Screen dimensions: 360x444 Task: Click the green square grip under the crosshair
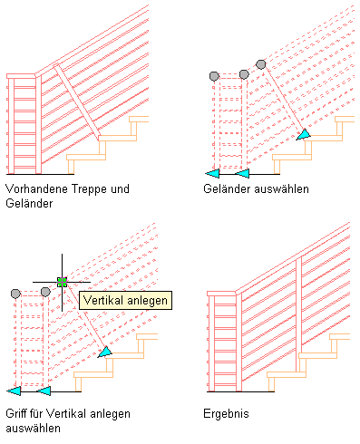[x=62, y=282]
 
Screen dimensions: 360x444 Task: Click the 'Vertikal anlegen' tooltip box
[x=125, y=300]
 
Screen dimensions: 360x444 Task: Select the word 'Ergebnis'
[x=226, y=414]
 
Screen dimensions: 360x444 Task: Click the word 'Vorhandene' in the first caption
[x=36, y=189]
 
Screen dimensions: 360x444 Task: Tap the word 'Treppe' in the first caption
[x=89, y=189]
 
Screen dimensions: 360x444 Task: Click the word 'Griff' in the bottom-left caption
[x=14, y=413]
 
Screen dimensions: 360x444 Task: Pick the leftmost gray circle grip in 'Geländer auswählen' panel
[x=214, y=76]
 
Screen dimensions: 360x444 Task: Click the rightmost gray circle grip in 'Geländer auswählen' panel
[x=261, y=64]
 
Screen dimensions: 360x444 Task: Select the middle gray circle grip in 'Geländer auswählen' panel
[x=244, y=74]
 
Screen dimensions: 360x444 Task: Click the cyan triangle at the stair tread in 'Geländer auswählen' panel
[x=304, y=134]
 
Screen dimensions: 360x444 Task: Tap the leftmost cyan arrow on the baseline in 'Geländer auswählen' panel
[x=212, y=174]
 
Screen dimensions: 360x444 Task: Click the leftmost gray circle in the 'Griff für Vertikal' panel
[x=15, y=294]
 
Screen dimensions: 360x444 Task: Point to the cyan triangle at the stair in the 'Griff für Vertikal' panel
[x=105, y=352]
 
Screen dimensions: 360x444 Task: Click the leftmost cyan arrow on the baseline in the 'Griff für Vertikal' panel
[x=14, y=391]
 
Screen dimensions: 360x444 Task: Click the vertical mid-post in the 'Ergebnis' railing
[x=298, y=314]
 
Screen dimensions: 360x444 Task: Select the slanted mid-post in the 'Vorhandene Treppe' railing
[x=77, y=102]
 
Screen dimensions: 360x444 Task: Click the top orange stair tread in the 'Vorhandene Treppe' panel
[x=139, y=119]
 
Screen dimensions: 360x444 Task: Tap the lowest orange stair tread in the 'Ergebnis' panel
[x=287, y=375]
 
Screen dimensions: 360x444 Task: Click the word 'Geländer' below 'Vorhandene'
[x=29, y=203]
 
